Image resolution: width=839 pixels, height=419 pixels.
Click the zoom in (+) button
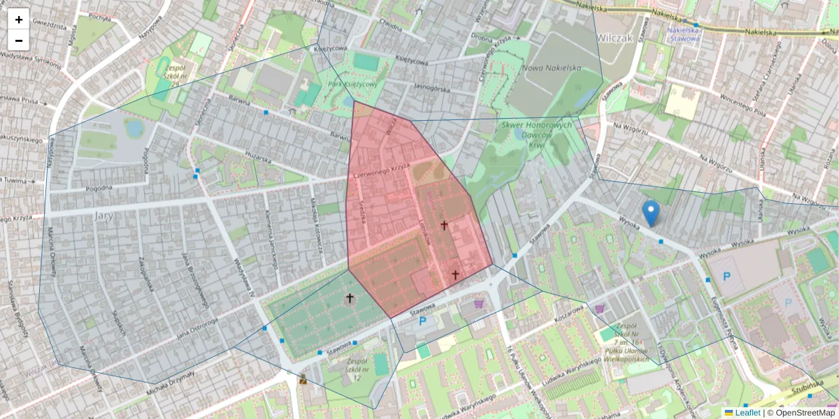tap(19, 20)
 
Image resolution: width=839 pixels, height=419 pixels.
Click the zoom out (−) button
tap(19, 41)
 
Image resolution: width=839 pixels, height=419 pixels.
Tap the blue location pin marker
tap(651, 212)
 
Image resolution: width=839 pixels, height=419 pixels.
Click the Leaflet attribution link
tap(747, 413)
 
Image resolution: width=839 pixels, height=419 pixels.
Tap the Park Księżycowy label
tap(352, 84)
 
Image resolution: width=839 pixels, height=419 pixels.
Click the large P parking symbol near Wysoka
tap(726, 277)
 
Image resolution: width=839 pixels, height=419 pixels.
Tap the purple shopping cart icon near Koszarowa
tap(598, 308)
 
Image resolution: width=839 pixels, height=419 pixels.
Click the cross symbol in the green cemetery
tap(350, 298)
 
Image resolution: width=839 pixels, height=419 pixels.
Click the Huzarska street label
tap(257, 159)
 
